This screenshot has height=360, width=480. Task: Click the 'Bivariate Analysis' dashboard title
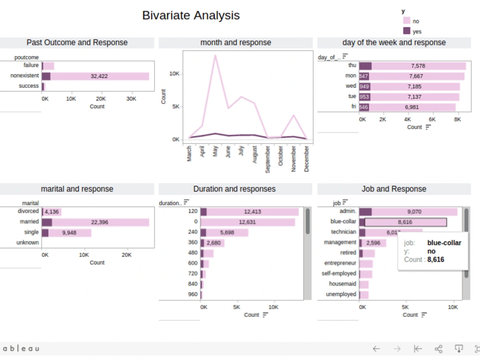(191, 15)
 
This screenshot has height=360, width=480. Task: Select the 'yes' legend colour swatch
(407, 31)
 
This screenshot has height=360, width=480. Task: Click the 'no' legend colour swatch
(407, 21)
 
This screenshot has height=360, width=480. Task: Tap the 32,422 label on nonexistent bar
(99, 76)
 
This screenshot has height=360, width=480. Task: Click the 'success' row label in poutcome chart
(29, 86)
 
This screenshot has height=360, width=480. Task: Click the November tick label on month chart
(294, 159)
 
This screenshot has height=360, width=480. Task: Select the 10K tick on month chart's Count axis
(174, 74)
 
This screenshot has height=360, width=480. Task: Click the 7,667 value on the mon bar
(417, 76)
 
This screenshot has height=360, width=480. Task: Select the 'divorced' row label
(28, 211)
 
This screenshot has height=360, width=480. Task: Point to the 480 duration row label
(192, 253)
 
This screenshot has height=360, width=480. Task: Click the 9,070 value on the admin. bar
(414, 211)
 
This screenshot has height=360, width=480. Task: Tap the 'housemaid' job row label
(342, 284)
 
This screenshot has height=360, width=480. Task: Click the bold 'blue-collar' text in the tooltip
(444, 243)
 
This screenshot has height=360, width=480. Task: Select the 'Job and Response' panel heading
(394, 189)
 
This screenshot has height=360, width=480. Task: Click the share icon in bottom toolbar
(438, 349)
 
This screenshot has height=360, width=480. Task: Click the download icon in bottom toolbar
(458, 349)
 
